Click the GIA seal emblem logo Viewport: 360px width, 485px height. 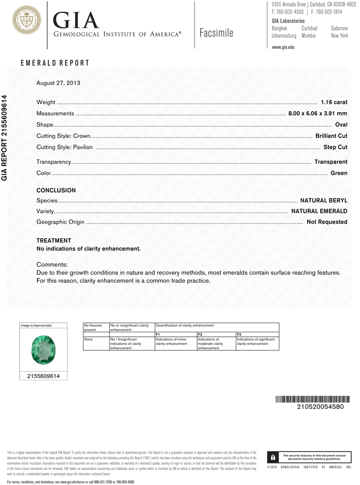pos(27,20)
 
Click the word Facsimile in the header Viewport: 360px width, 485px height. pos(216,33)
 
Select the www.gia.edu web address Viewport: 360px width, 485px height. pos(283,47)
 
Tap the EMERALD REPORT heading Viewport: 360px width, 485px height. pos(55,63)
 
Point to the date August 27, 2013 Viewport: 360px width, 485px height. pos(58,83)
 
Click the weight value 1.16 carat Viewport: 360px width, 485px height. pos(334,102)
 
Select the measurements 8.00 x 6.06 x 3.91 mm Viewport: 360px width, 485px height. pos(318,113)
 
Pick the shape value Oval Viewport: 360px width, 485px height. pos(341,125)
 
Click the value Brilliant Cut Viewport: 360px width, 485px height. pos(331,136)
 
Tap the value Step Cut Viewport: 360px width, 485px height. pos(335,147)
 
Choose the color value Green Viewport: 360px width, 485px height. pos(339,173)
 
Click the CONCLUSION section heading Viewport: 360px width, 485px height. pos(56,191)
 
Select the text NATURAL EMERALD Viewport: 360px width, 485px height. pos(319,211)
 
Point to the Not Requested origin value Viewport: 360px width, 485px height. pos(327,222)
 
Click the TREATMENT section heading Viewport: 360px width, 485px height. pos(54,241)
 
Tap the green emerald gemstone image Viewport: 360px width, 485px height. pos(42,350)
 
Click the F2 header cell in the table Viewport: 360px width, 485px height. pos(200,335)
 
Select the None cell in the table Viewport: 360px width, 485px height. pos(88,339)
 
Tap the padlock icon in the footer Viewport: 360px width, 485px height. pos(273,457)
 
